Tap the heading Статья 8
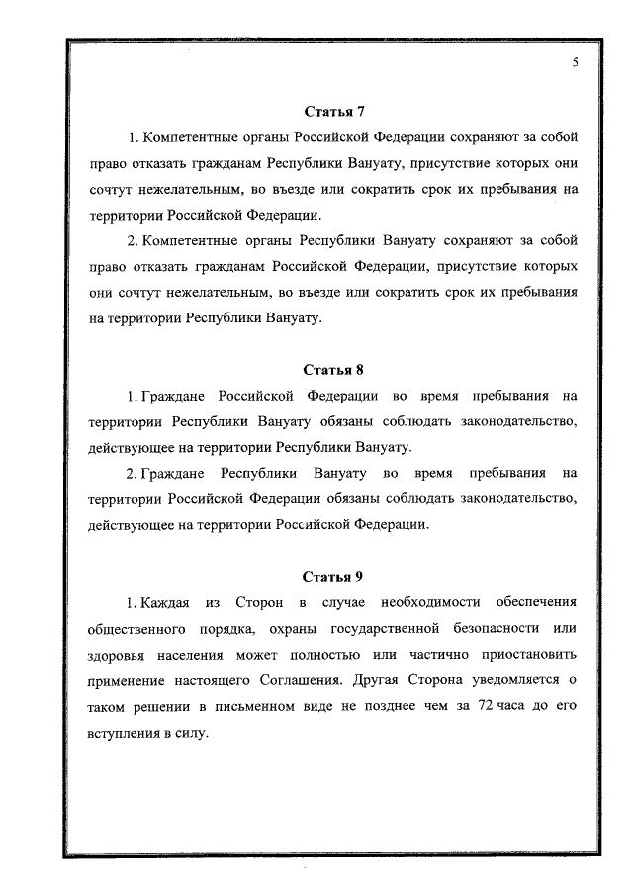(x=333, y=371)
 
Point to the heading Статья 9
(x=333, y=576)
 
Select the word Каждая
(x=164, y=601)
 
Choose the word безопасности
(x=484, y=628)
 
